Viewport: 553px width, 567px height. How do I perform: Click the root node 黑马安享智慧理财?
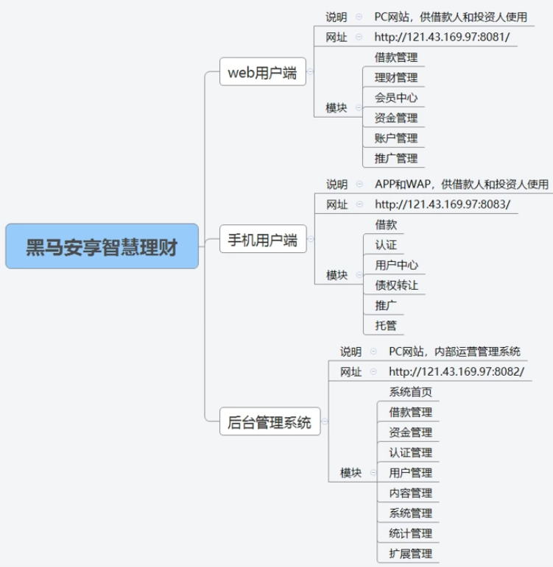102,246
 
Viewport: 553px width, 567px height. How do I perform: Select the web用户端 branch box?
262,72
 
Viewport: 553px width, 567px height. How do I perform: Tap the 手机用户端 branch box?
262,240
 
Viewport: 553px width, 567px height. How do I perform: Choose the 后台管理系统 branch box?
270,422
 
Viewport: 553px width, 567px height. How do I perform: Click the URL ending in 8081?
442,37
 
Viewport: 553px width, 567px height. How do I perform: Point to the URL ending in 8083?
442,204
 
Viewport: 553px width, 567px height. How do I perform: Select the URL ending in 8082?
456,372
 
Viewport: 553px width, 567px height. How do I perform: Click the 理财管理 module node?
395,77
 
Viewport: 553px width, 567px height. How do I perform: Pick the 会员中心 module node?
395,98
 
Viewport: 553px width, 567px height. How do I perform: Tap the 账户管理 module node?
395,138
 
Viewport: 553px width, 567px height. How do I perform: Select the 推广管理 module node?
395,158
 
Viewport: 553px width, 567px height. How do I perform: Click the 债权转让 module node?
396,285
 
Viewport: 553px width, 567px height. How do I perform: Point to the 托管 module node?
386,325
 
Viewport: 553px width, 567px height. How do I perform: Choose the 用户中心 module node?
396,265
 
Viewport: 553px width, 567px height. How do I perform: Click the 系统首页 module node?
410,392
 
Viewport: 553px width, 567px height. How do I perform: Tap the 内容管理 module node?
410,493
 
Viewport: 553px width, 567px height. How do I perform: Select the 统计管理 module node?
410,533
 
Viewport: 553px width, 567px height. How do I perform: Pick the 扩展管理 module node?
410,553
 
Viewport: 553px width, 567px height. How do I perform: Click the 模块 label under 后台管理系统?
351,473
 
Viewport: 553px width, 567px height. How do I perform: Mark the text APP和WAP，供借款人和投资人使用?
461,184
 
